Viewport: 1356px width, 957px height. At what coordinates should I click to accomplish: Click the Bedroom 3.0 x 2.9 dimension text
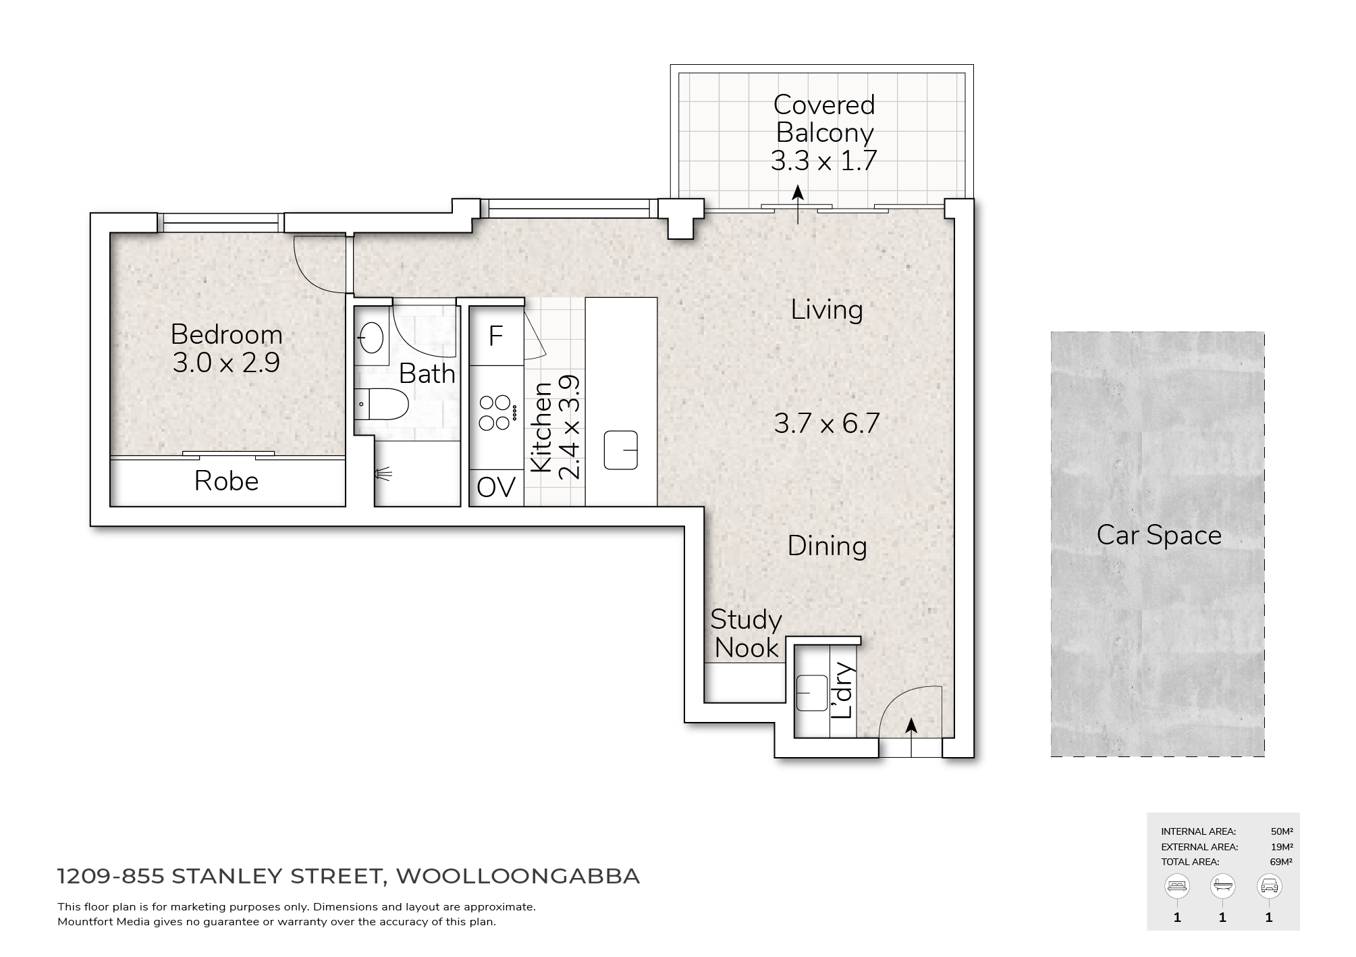[226, 363]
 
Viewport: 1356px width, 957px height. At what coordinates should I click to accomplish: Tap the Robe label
[226, 482]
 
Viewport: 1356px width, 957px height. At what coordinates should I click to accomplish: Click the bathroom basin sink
[371, 337]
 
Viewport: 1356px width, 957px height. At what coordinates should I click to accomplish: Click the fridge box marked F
[495, 336]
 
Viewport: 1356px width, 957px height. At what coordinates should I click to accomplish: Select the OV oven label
[495, 487]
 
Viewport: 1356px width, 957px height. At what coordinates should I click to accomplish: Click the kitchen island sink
[621, 450]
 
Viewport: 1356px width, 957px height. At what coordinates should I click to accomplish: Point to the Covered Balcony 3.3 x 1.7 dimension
[823, 161]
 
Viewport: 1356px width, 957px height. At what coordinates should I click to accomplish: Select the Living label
[827, 310]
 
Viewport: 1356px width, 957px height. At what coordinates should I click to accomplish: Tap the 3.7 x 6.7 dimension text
[827, 423]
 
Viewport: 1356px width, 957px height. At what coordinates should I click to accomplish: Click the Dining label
[827, 546]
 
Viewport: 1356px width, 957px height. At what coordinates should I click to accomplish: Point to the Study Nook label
[746, 633]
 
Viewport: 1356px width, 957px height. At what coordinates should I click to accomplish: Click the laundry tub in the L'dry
[811, 693]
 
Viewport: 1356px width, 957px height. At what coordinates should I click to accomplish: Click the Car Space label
[1159, 536]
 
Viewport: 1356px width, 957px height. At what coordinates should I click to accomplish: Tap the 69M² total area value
[1280, 862]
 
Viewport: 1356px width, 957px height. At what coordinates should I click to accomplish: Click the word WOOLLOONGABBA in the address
[518, 876]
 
